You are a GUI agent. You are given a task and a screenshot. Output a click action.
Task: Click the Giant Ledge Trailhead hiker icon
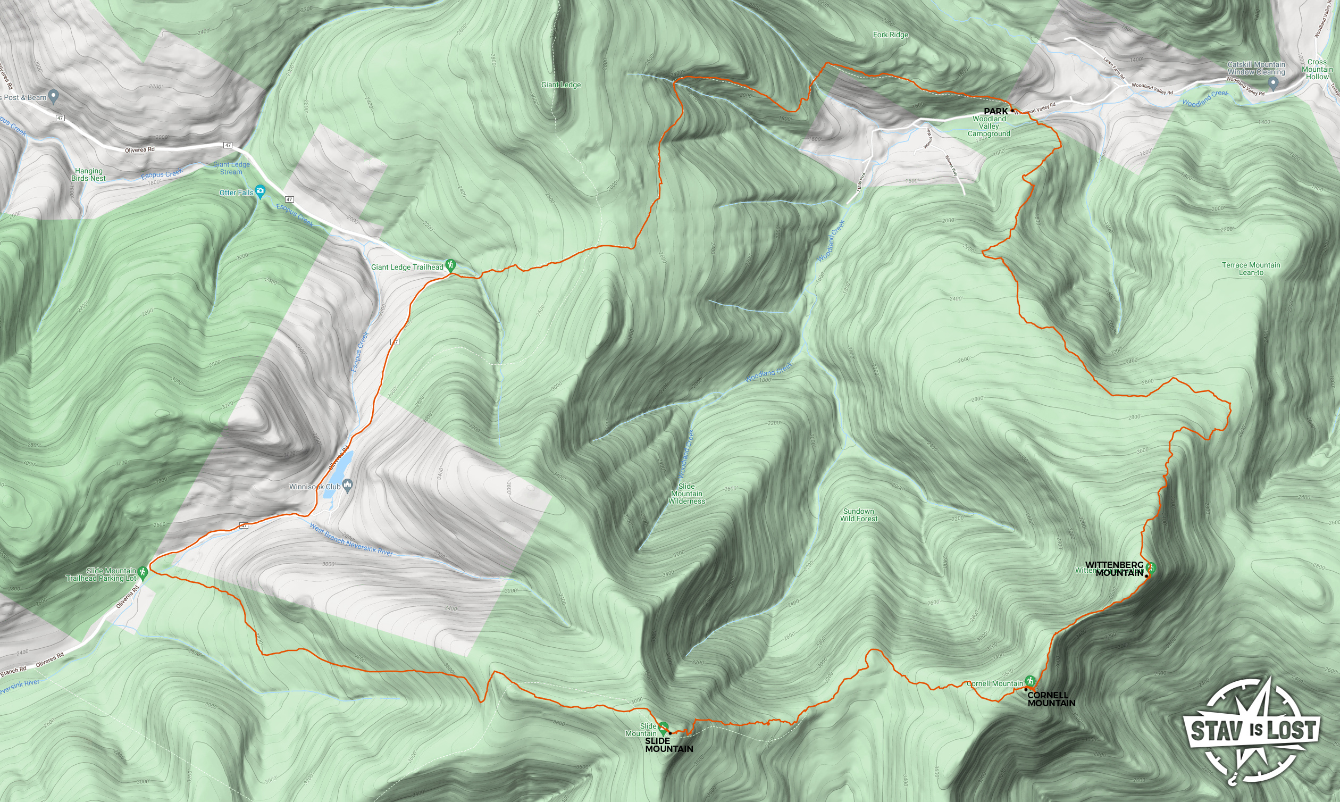pos(450,265)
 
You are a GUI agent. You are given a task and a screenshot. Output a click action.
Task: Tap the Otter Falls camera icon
pos(261,191)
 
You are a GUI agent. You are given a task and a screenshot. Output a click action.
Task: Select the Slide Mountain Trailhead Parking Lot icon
pos(143,572)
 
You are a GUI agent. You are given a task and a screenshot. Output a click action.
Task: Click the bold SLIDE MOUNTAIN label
pos(668,745)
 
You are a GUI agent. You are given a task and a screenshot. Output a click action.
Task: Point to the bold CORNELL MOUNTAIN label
pos(1051,699)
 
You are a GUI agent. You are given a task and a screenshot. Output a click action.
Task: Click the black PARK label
pos(995,111)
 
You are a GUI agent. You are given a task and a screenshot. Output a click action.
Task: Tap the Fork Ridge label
pos(891,35)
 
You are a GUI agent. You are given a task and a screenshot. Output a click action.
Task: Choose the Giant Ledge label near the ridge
pos(561,85)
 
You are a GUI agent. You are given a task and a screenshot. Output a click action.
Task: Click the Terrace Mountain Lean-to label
pos(1251,269)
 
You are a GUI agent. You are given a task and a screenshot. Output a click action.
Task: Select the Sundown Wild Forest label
pos(859,514)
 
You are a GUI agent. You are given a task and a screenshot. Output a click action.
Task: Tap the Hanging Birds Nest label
pos(89,174)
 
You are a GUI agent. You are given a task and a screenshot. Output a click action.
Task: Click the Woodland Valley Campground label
pos(989,126)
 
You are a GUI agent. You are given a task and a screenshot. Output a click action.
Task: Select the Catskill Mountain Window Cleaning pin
pos(1273,83)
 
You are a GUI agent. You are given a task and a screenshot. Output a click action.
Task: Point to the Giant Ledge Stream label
pos(231,168)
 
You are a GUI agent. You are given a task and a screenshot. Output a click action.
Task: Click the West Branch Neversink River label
pos(351,539)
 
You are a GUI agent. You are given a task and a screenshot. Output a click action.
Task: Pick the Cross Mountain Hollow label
pos(1317,69)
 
